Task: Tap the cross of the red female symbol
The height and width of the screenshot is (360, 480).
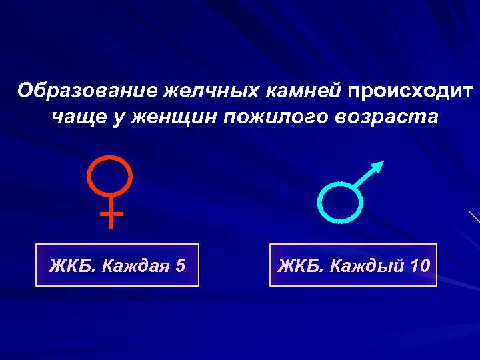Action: [111, 215]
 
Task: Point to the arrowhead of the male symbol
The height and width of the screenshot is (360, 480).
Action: [378, 166]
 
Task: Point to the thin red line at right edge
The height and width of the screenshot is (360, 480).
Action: [474, 217]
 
